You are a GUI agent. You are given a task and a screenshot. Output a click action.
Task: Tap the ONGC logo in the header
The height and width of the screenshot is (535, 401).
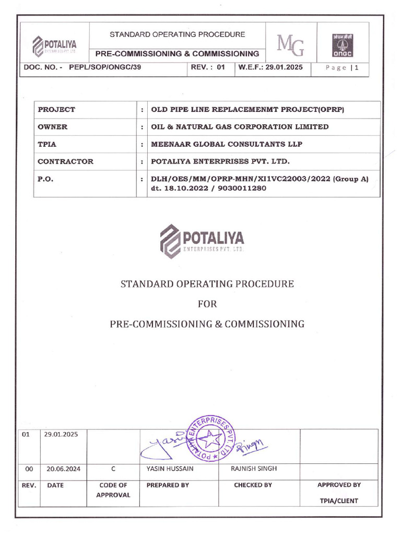(342, 44)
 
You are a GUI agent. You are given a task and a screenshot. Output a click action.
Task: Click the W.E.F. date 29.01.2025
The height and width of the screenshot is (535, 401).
(270, 67)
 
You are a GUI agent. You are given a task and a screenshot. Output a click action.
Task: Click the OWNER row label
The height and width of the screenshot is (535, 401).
(53, 127)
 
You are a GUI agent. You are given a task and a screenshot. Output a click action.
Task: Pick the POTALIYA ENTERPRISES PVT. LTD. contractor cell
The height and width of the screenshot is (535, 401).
(220, 161)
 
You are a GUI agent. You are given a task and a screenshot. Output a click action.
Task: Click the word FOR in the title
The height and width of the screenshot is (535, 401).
(207, 304)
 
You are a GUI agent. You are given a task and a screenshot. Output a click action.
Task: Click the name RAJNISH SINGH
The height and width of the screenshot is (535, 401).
(254, 469)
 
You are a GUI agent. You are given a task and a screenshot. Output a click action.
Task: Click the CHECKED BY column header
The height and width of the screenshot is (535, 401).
(253, 485)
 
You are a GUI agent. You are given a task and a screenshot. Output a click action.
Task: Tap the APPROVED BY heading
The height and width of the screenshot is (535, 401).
(339, 485)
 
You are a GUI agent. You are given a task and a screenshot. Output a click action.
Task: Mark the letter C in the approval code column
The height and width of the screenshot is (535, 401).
(113, 469)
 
